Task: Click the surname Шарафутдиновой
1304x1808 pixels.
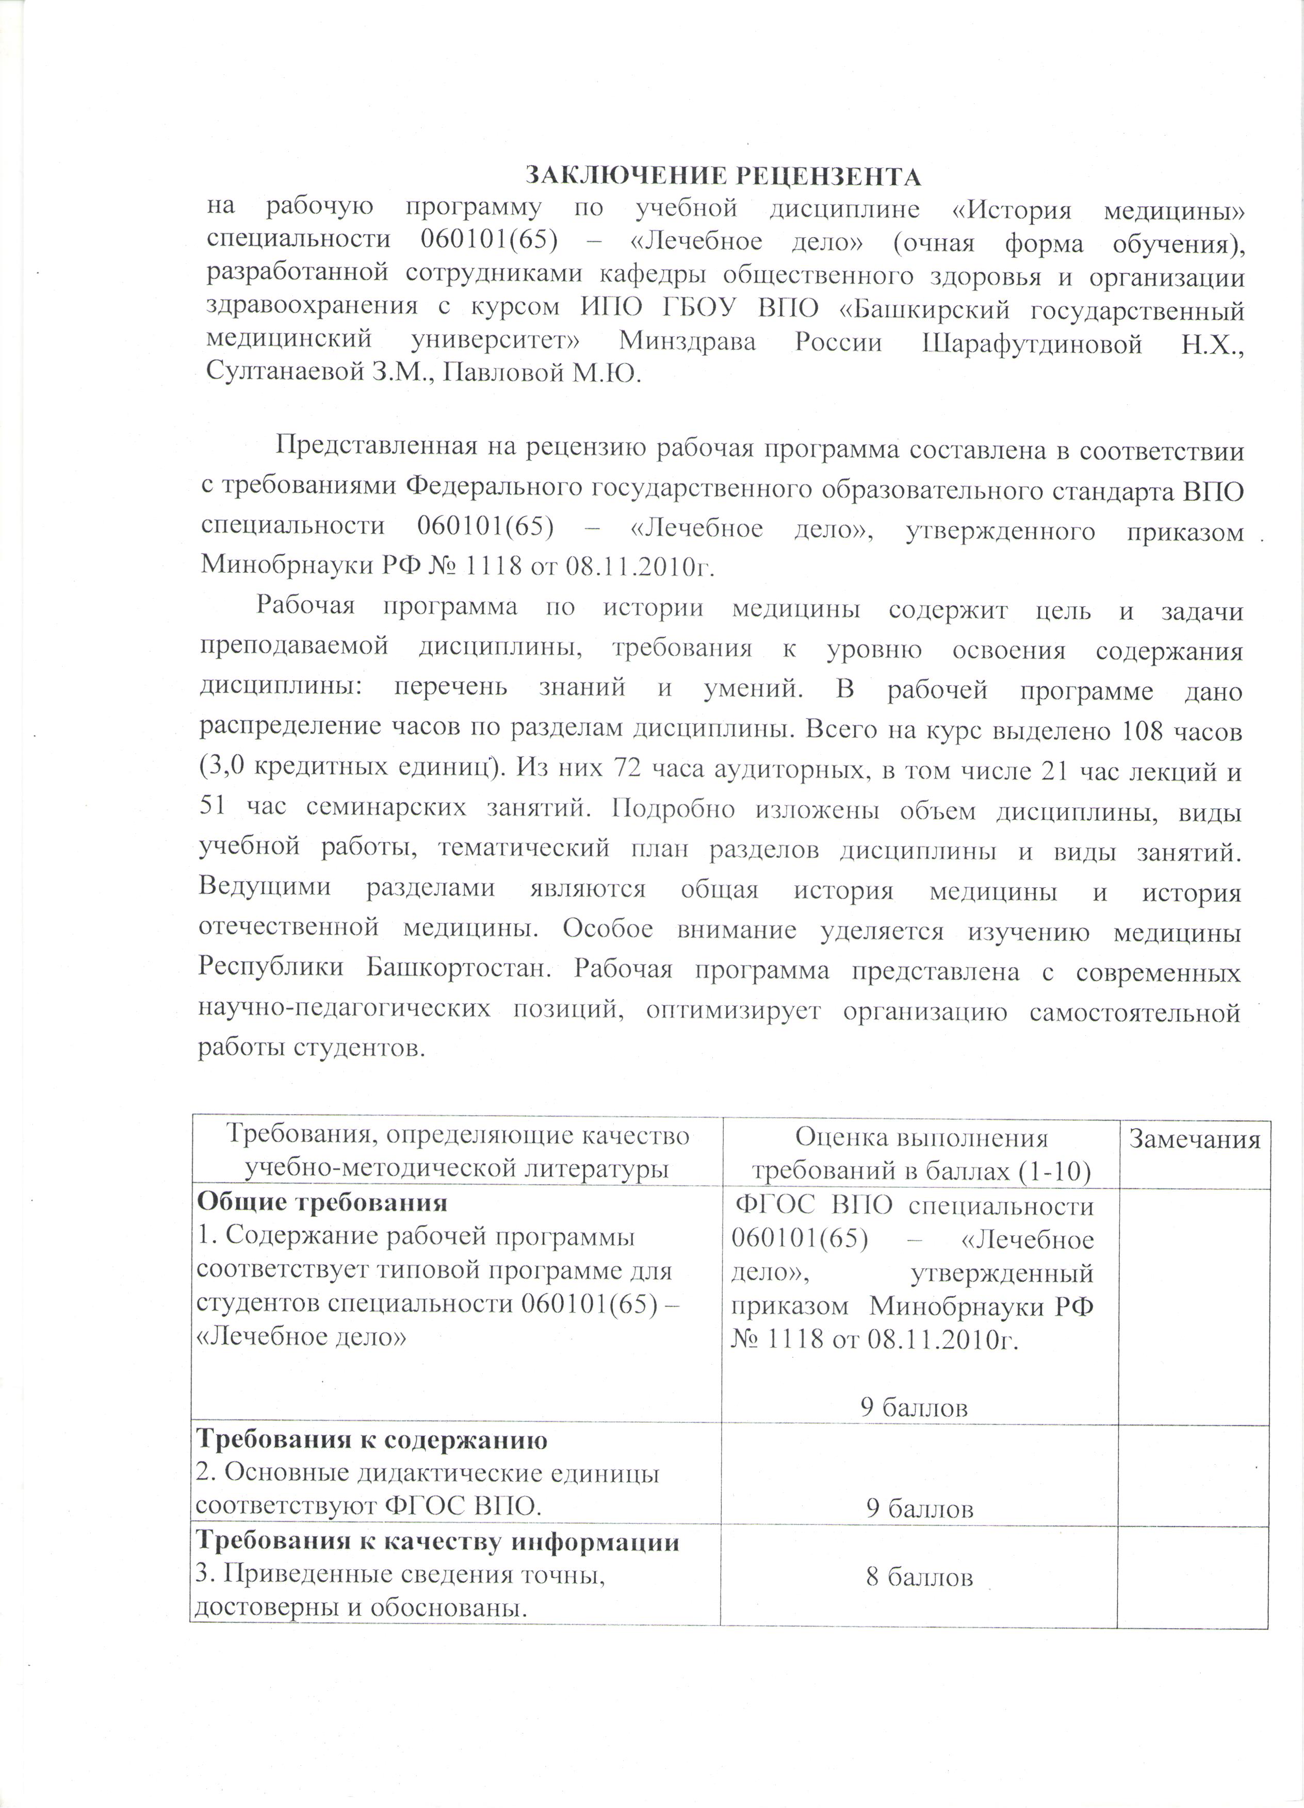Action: (1031, 343)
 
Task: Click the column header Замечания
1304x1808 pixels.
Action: (1193, 1140)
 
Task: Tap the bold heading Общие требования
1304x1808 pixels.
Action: (321, 1201)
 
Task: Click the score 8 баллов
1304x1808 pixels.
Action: (919, 1577)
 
